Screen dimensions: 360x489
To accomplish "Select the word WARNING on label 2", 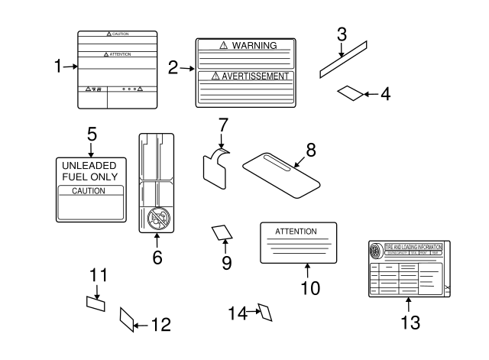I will (254, 46).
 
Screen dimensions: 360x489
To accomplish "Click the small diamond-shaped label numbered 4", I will (350, 93).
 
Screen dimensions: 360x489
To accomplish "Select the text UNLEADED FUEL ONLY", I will (91, 170).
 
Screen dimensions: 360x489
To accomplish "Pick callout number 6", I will (157, 258).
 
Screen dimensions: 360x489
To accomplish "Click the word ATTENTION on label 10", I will (295, 230).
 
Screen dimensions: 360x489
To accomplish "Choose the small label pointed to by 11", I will (96, 303).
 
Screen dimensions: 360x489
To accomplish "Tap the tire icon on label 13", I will (375, 251).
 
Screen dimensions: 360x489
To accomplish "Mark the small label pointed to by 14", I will (266, 312).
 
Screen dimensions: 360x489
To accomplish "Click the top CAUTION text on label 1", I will (118, 34).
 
